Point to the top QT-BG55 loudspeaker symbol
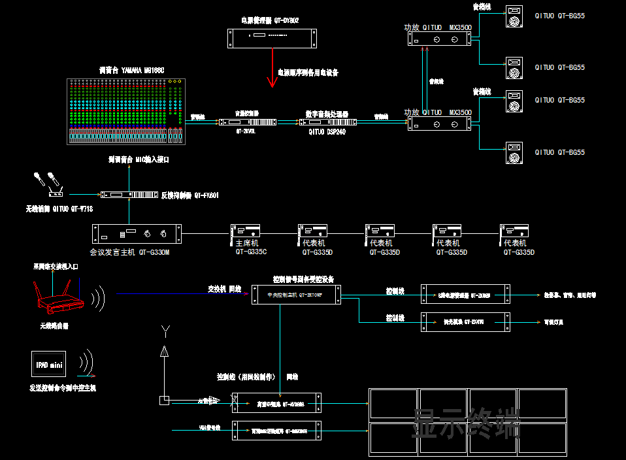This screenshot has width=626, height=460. click(514, 17)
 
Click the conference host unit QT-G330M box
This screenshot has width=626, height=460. click(137, 233)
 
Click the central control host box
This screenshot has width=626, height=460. click(296, 295)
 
